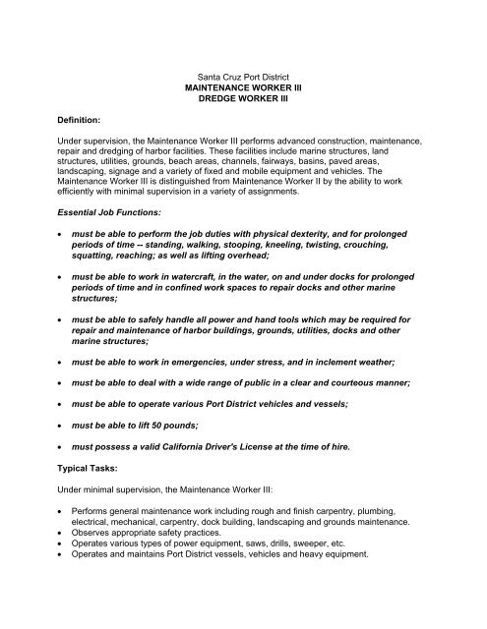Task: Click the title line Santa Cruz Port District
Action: pyautogui.click(x=242, y=75)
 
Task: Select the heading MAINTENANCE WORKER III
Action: pyautogui.click(x=242, y=87)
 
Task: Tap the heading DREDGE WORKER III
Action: pyautogui.click(x=242, y=100)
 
